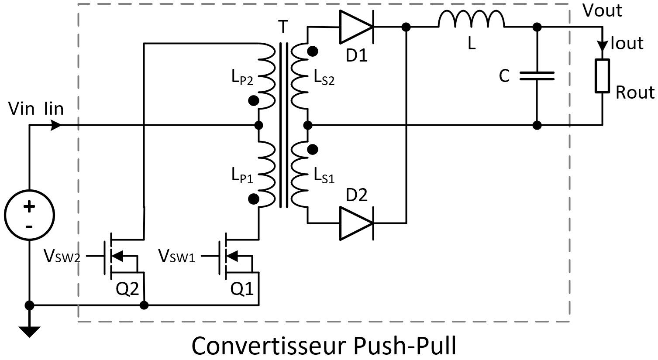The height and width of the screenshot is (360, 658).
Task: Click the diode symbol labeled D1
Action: pyautogui.click(x=356, y=27)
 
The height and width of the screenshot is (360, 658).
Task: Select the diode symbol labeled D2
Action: pyautogui.click(x=356, y=223)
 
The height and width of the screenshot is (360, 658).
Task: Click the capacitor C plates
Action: pyautogui.click(x=537, y=76)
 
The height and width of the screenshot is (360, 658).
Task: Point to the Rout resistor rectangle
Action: pyautogui.click(x=602, y=76)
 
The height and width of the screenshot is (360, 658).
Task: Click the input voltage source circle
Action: pyautogui.click(x=29, y=215)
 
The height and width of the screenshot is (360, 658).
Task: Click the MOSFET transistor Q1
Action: pyautogui.click(x=234, y=257)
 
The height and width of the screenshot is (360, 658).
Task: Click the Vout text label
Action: pyautogui.click(x=602, y=10)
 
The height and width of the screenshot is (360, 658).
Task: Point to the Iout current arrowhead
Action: pyautogui.click(x=602, y=45)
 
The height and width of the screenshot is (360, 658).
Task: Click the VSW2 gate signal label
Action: pyautogui.click(x=62, y=256)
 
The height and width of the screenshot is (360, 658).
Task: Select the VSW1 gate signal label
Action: pyautogui.click(x=176, y=256)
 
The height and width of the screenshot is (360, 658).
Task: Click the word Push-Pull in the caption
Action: pyautogui.click(x=403, y=346)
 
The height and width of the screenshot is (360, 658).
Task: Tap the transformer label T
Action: pyautogui.click(x=283, y=27)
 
